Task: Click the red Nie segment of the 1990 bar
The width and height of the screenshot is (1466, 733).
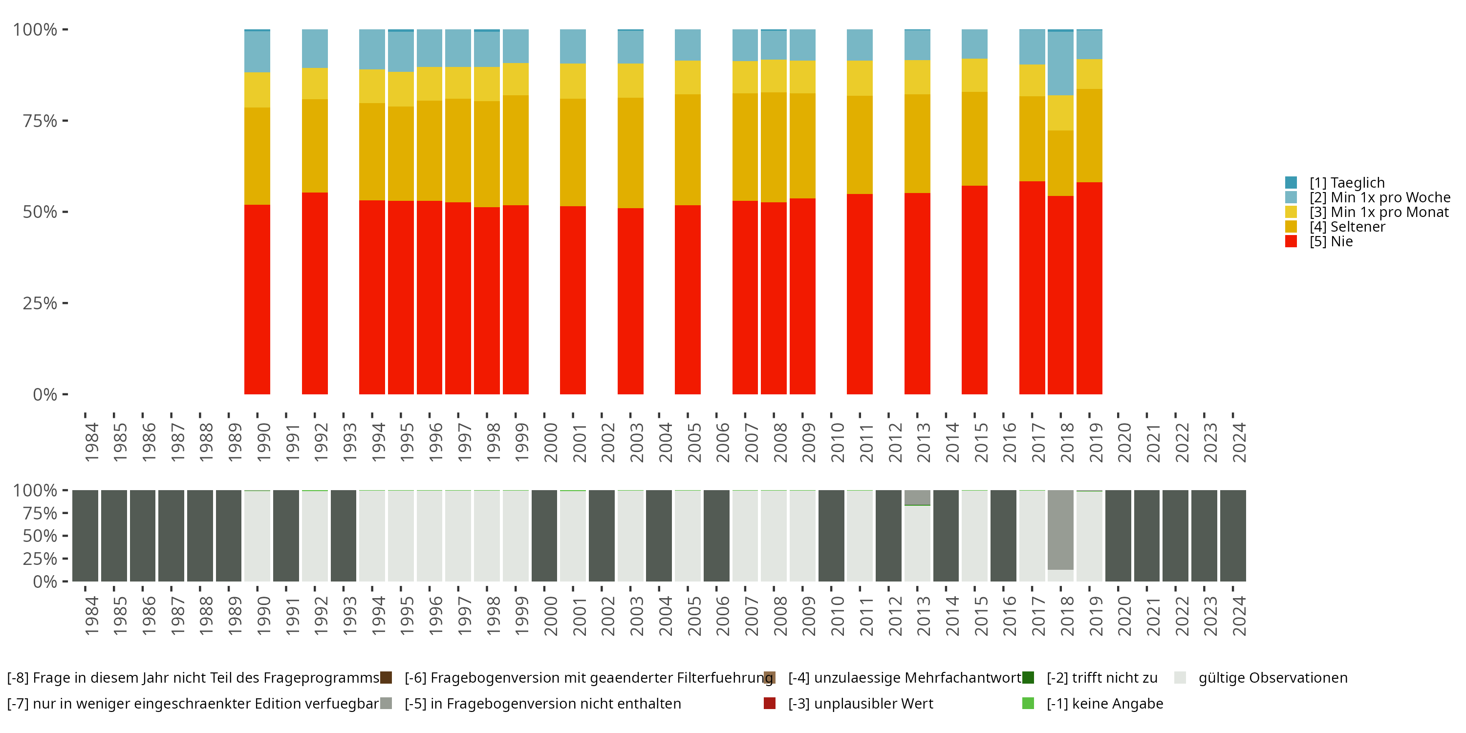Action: pos(257,300)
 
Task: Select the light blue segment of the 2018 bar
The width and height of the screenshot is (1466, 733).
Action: pos(1060,63)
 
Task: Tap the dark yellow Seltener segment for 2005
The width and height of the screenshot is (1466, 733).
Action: pos(688,150)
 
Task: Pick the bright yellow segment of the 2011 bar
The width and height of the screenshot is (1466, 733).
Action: pos(860,78)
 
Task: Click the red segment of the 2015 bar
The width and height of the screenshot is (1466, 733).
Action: pos(974,290)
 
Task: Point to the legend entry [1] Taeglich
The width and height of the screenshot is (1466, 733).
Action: pos(1335,183)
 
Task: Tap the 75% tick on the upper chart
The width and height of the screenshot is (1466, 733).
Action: pos(65,121)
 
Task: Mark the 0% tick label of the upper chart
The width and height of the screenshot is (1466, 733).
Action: pos(45,394)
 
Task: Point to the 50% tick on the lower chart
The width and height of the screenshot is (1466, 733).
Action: pos(65,536)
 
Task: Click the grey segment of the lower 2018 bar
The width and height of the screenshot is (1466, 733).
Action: pos(1060,530)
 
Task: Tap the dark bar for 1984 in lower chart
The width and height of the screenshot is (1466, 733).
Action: pos(86,536)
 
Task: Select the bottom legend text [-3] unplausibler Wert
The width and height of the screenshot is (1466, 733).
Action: pos(861,704)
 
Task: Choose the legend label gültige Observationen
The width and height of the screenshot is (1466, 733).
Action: pos(1273,678)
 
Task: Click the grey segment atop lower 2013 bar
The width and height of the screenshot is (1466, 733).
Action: pos(917,497)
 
